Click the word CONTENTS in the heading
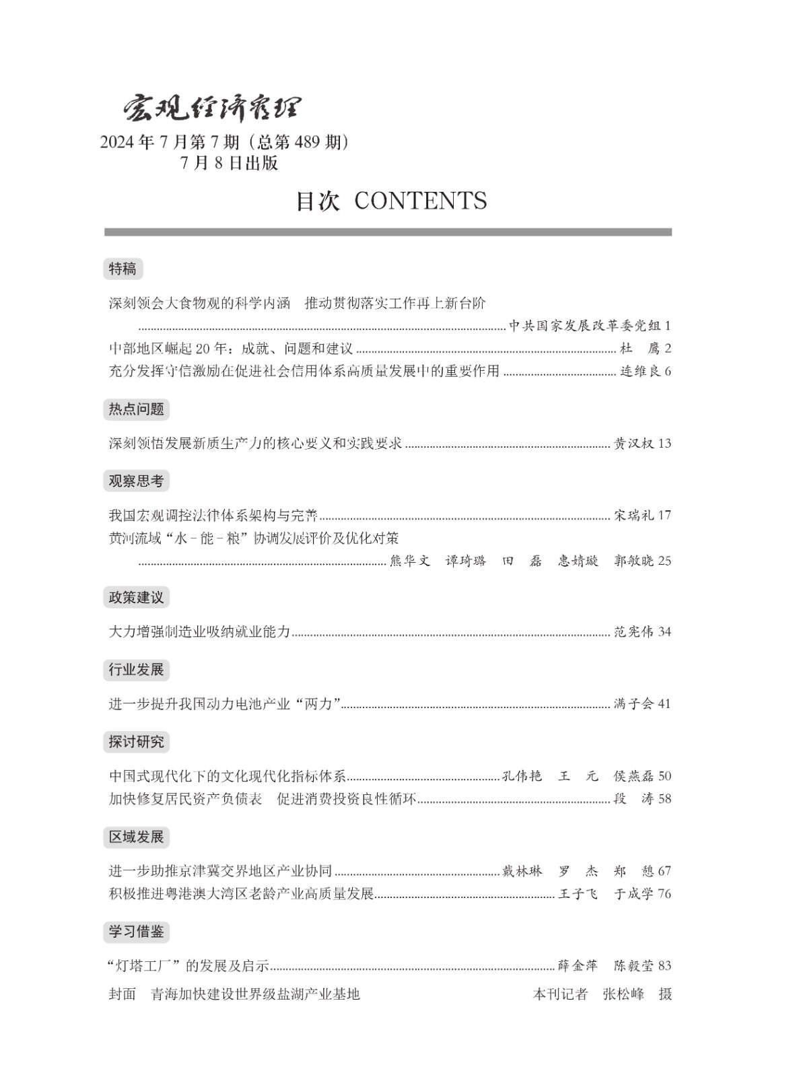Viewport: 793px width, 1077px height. click(419, 201)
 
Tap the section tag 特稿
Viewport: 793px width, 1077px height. click(123, 269)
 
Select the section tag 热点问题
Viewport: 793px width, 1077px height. click(136, 409)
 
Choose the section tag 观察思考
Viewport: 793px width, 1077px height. click(136, 481)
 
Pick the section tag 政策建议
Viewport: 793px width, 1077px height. click(136, 597)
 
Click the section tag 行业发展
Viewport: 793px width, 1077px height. click(136, 670)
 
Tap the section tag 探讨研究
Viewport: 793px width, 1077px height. click(136, 742)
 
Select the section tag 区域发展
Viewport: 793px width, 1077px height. click(136, 837)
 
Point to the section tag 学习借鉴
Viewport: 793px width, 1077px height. click(136, 932)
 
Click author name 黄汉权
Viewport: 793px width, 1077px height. click(633, 444)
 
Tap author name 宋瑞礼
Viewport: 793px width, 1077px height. click(633, 516)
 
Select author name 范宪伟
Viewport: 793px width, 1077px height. click(633, 632)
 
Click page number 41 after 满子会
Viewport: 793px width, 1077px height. click(664, 704)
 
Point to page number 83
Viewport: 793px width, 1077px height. click(664, 966)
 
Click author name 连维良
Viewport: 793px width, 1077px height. click(640, 372)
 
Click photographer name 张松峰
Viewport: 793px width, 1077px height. click(623, 994)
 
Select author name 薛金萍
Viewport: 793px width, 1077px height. click(578, 966)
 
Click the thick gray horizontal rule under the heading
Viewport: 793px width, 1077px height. click(388, 232)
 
